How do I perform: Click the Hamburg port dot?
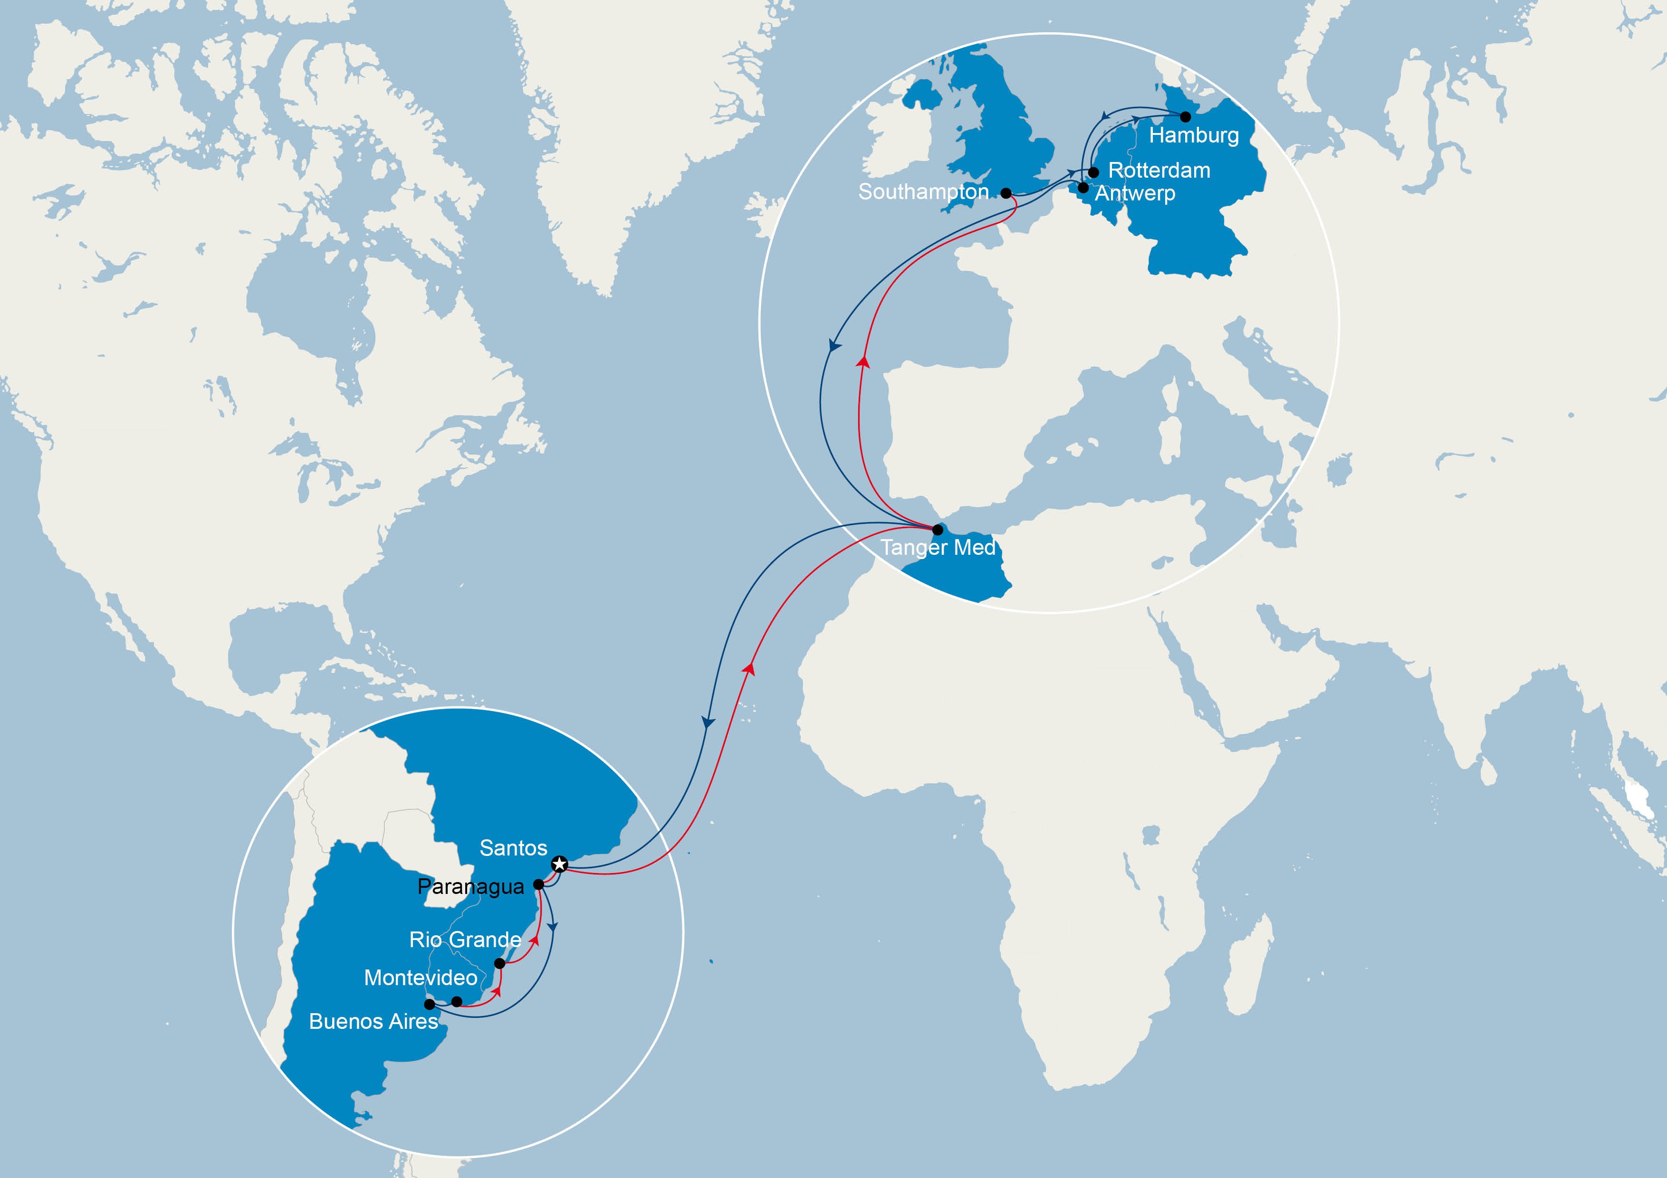(1185, 116)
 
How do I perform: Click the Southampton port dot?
(1006, 193)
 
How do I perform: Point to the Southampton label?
(923, 191)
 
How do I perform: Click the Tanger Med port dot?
(937, 530)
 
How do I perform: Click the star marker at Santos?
(559, 864)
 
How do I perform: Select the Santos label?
(513, 848)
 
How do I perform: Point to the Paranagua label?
(470, 886)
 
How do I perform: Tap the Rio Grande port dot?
(499, 963)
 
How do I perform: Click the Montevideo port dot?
(457, 1002)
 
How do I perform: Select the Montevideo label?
(421, 978)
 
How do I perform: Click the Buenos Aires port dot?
(430, 1005)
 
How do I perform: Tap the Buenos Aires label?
(373, 1021)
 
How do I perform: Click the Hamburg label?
(1194, 135)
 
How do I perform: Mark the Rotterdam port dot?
(1093, 172)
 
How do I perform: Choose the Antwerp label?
(1135, 193)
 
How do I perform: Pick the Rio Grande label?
(465, 939)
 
